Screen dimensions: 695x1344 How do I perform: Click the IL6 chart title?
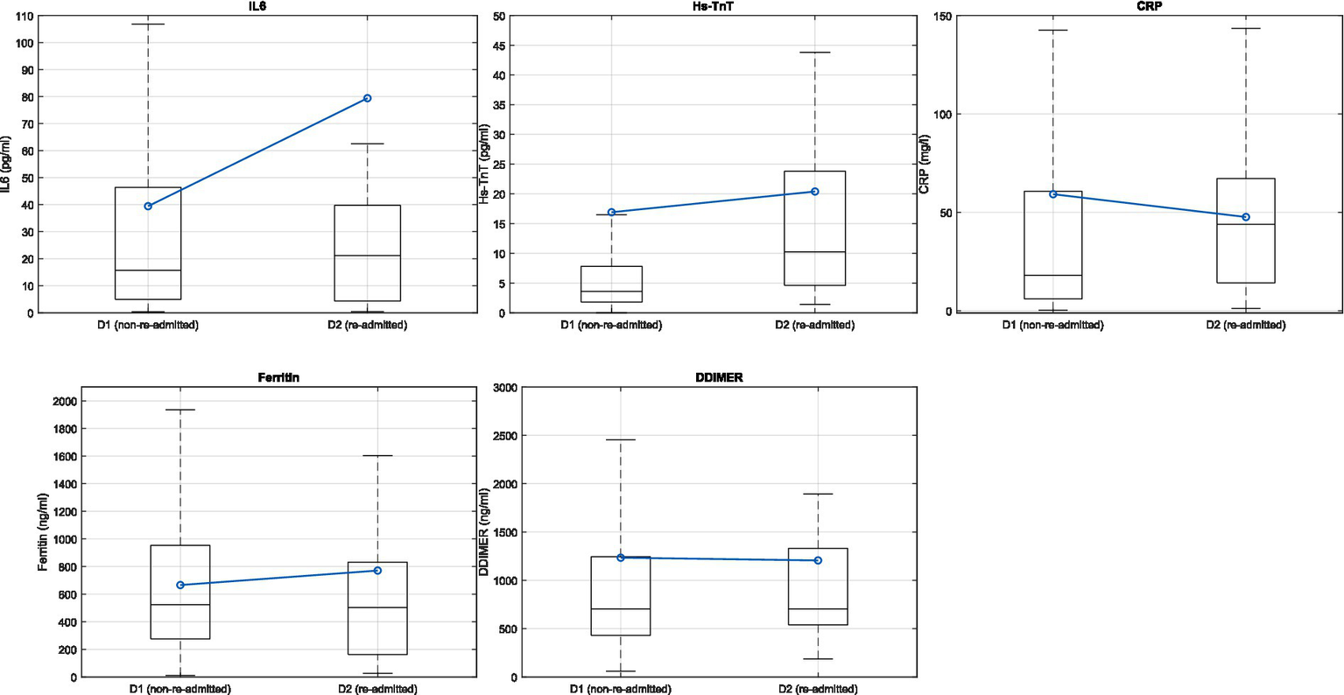click(x=257, y=6)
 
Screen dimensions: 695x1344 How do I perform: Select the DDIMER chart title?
click(x=718, y=378)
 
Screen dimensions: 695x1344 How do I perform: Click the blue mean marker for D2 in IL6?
click(x=367, y=98)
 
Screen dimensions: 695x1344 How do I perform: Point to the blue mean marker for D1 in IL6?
click(x=148, y=207)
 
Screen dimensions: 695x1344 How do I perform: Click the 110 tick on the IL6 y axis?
click(x=23, y=16)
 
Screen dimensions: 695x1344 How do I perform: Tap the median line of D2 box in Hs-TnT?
click(x=814, y=252)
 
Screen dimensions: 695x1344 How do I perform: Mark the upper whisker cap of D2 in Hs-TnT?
click(x=814, y=53)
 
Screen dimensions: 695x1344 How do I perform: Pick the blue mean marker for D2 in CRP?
click(x=1245, y=217)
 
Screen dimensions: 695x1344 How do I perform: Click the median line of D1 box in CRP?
click(x=1052, y=275)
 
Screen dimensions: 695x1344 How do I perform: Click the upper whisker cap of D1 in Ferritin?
click(x=180, y=410)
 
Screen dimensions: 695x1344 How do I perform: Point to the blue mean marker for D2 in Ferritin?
click(x=377, y=571)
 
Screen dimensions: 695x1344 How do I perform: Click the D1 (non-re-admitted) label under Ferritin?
click(x=180, y=689)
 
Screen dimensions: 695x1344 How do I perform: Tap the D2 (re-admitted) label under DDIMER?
click(x=818, y=689)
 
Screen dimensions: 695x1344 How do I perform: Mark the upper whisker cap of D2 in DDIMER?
click(x=818, y=494)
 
